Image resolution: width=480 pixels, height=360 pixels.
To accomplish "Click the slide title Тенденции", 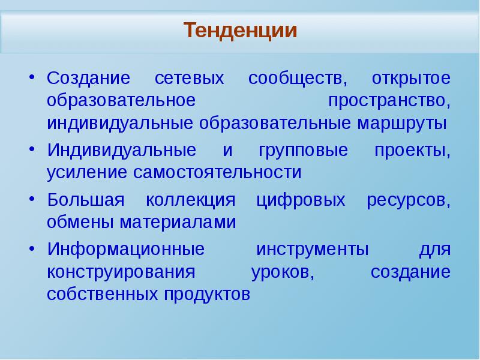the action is click(241, 31).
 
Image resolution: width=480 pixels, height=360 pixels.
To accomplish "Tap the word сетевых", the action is click(189, 78).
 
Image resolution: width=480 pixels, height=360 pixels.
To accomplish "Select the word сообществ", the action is click(297, 79).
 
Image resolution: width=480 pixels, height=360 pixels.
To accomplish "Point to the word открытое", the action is click(411, 78).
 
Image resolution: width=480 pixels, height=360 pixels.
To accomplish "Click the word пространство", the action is click(389, 101).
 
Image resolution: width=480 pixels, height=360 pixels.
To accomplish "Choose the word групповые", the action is click(303, 151).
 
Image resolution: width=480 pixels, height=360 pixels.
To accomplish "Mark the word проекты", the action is click(412, 151).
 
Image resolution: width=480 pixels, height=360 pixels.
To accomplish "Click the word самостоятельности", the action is click(217, 173).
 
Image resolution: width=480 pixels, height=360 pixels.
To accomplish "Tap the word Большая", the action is click(86, 200).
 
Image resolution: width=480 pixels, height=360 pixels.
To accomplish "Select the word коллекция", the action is click(190, 200).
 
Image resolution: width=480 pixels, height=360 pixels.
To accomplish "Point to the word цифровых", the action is click(301, 200).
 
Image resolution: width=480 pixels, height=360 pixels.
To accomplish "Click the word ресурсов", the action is click(409, 200).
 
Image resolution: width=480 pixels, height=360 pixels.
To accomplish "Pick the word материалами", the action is click(178, 222).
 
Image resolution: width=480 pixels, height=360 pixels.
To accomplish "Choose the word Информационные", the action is click(126, 249).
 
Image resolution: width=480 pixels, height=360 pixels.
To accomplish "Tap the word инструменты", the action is click(312, 250).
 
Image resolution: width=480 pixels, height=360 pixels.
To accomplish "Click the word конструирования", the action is click(121, 272).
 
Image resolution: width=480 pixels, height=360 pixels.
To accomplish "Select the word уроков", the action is click(283, 272).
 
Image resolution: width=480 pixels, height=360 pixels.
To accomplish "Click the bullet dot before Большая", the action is click(32, 199).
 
